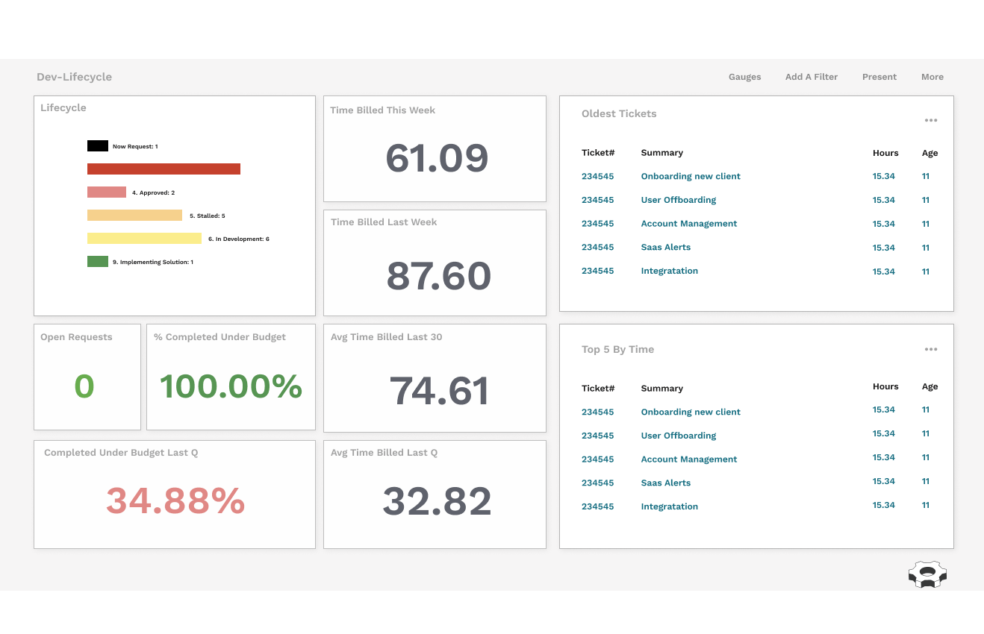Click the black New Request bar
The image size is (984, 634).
pyautogui.click(x=98, y=146)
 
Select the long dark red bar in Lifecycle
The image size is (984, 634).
pyautogui.click(x=164, y=169)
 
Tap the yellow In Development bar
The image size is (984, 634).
pyautogui.click(x=144, y=239)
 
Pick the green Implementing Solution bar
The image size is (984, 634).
pyautogui.click(x=98, y=262)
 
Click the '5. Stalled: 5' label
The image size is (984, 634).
pyautogui.click(x=207, y=216)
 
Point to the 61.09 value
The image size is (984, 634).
pyautogui.click(x=437, y=158)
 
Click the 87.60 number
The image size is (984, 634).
pyautogui.click(x=438, y=276)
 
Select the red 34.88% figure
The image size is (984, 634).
pyautogui.click(x=175, y=500)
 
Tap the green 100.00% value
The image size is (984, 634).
pyautogui.click(x=231, y=386)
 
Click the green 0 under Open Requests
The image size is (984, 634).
pyautogui.click(x=84, y=386)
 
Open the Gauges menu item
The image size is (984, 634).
pyautogui.click(x=744, y=77)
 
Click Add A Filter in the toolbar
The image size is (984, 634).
pyautogui.click(x=811, y=77)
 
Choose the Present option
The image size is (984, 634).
pyautogui.click(x=879, y=77)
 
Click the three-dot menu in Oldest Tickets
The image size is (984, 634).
pyautogui.click(x=930, y=120)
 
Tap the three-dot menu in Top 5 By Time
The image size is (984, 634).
pyautogui.click(x=930, y=349)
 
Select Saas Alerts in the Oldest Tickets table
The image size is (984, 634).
pyautogui.click(x=665, y=247)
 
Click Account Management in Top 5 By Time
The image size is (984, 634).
pyautogui.click(x=688, y=459)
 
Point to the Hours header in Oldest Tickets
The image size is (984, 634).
pyautogui.click(x=885, y=153)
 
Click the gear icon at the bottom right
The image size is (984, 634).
pyautogui.click(x=927, y=574)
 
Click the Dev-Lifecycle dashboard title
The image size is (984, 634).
pyautogui.click(x=74, y=77)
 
